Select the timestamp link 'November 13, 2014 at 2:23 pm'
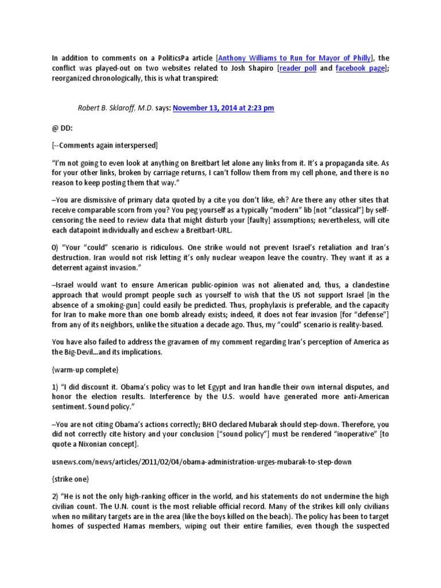pos(223,107)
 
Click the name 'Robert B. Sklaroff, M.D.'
pos(115,107)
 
